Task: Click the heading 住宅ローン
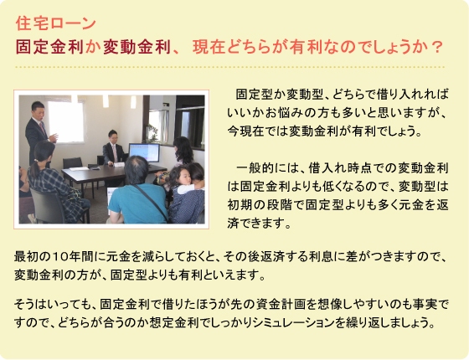55,23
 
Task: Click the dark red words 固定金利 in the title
49,47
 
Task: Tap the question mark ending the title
437,47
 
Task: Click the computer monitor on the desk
144,152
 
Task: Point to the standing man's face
39,110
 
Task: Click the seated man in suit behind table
113,148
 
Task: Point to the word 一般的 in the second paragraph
254,168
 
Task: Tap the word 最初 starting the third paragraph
25,256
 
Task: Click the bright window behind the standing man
66,121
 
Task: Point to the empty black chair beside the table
72,163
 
